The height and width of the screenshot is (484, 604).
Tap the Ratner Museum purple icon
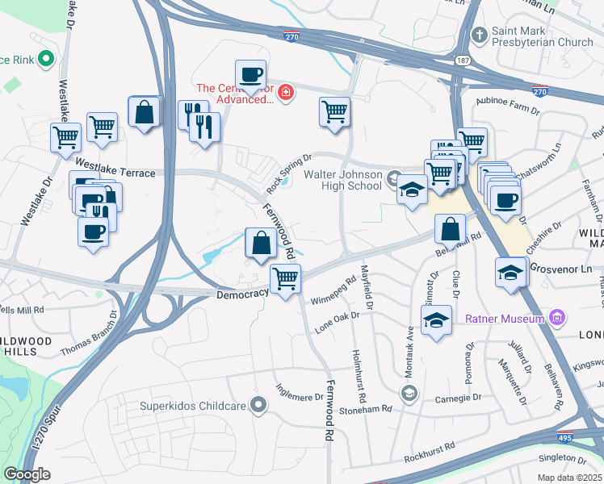pos(556,319)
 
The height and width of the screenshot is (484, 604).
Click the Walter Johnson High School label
pos(342,180)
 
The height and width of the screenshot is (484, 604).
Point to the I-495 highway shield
pos(568,436)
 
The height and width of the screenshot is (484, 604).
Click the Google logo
pos(27,474)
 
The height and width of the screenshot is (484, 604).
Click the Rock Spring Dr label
pos(289,170)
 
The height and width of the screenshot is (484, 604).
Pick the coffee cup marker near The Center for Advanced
pos(250,75)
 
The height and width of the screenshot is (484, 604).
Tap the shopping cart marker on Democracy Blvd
pos(286,279)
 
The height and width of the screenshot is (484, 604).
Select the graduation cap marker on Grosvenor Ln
pos(511,272)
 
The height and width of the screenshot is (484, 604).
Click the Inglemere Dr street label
pos(300,397)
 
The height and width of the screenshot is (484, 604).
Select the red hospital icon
pos(284,94)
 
